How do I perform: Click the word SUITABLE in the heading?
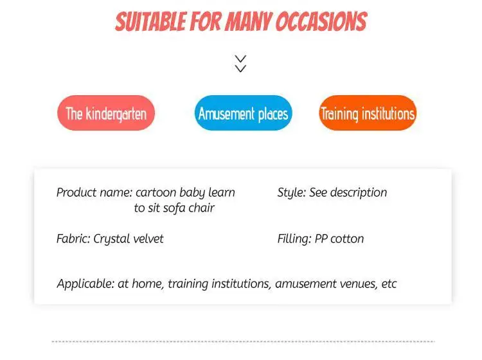click(151, 21)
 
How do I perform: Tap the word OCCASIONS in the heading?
click(321, 21)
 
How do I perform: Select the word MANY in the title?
click(249, 21)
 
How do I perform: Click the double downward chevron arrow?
click(240, 64)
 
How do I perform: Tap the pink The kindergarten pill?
click(106, 113)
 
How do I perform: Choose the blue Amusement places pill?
click(243, 113)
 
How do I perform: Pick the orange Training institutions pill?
click(368, 113)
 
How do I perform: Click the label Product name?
click(94, 192)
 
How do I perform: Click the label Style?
click(292, 193)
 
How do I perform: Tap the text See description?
click(348, 192)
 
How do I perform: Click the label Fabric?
click(73, 239)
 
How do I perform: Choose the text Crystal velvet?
click(128, 239)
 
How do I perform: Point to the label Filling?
click(294, 239)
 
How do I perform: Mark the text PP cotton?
click(339, 239)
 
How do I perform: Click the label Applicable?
click(85, 283)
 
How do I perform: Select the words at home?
click(140, 283)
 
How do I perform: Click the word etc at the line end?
click(389, 284)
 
